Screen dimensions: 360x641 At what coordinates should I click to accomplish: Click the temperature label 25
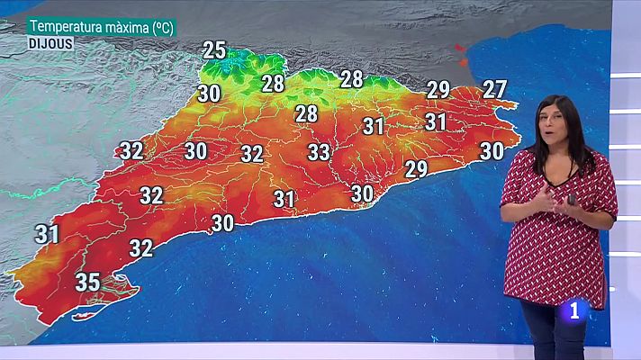tap(214, 50)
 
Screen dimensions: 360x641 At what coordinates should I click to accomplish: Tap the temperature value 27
tap(494, 89)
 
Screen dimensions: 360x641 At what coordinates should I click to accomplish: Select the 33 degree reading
tap(319, 152)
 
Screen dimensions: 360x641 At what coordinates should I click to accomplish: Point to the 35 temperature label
tap(87, 282)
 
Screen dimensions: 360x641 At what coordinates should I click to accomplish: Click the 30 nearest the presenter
tap(492, 151)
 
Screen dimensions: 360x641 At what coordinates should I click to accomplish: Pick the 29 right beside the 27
tap(438, 90)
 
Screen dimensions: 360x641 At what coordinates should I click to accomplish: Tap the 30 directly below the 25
tap(210, 93)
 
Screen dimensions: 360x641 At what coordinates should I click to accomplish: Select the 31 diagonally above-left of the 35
tap(48, 235)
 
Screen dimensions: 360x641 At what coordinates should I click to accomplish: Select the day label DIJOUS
tap(50, 42)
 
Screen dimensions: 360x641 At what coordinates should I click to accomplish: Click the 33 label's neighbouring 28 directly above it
tap(307, 113)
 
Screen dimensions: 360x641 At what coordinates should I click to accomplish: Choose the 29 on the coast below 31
tap(416, 168)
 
